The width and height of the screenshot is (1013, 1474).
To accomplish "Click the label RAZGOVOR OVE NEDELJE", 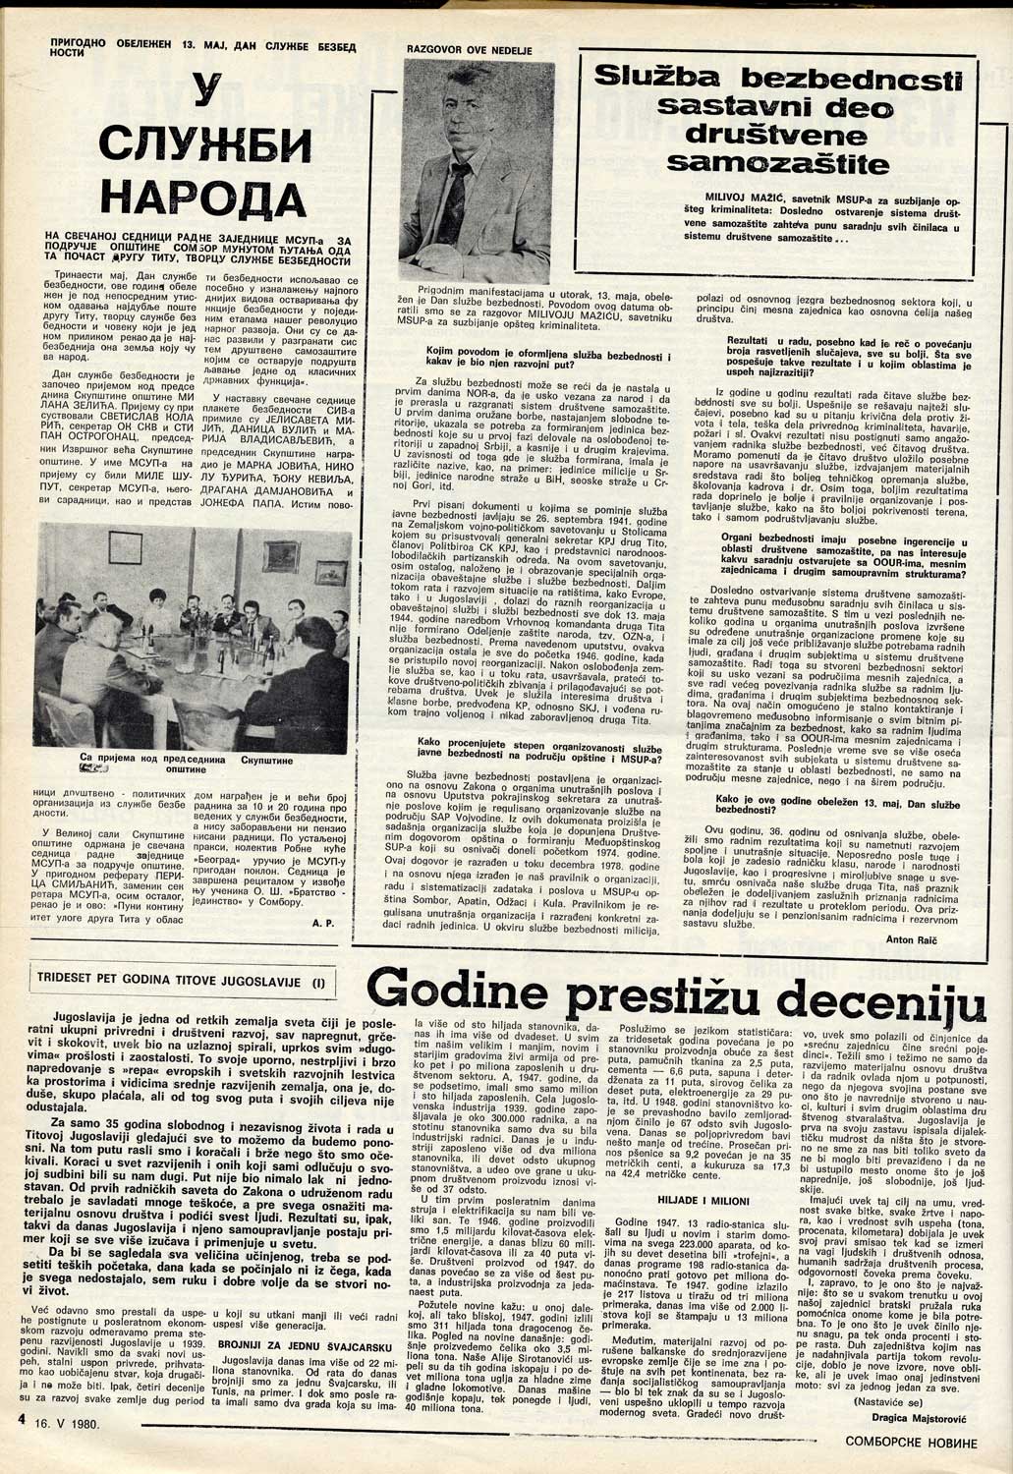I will coord(463,47).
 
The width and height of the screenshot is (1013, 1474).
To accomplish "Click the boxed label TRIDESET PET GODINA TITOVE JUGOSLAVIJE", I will coord(181,980).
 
